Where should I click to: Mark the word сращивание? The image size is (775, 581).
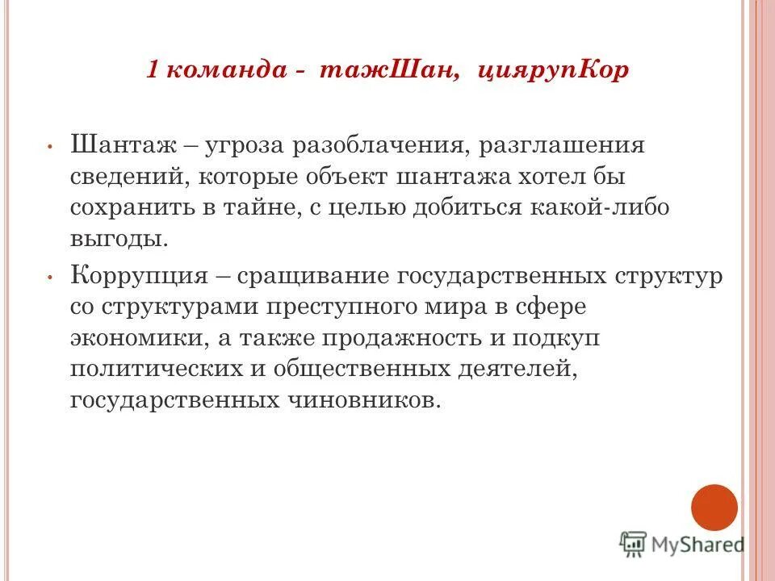pos(331,276)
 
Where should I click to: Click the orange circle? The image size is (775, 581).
pos(714,508)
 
